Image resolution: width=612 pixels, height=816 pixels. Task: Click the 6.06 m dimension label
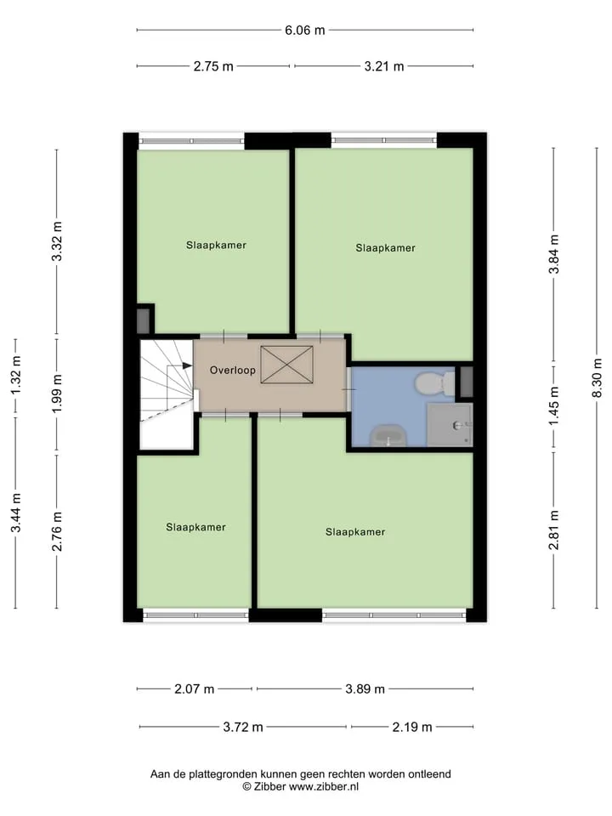pyautogui.click(x=304, y=31)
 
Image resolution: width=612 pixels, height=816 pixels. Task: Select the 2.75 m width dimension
pyautogui.click(x=213, y=66)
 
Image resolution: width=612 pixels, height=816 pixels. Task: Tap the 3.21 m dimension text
pyautogui.click(x=384, y=66)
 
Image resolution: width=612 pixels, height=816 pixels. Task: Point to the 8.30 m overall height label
pyautogui.click(x=598, y=377)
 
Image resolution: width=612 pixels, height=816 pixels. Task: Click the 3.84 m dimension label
pyautogui.click(x=553, y=254)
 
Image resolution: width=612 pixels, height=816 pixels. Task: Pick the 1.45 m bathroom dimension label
pyautogui.click(x=553, y=406)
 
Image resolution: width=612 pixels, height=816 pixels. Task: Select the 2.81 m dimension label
pyautogui.click(x=553, y=530)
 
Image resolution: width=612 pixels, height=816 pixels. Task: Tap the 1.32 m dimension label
pyautogui.click(x=15, y=376)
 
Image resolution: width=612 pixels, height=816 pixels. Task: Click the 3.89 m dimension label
pyautogui.click(x=365, y=689)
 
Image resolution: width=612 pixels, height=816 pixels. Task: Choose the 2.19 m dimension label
pyautogui.click(x=412, y=727)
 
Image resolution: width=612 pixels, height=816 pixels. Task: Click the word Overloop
pyautogui.click(x=233, y=371)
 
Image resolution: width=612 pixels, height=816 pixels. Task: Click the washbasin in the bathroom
pyautogui.click(x=388, y=436)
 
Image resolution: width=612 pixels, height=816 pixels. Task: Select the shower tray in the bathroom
pyautogui.click(x=450, y=425)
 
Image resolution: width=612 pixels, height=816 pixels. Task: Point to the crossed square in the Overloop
pyautogui.click(x=286, y=365)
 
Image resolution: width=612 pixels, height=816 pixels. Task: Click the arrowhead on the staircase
pyautogui.click(x=187, y=365)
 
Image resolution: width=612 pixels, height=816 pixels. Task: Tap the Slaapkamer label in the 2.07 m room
pyautogui.click(x=195, y=527)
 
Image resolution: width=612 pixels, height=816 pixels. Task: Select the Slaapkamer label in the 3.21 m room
pyautogui.click(x=386, y=248)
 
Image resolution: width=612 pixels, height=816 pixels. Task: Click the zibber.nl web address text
pyautogui.click(x=324, y=787)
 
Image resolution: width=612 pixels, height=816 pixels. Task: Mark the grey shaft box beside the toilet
pyautogui.click(x=467, y=382)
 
